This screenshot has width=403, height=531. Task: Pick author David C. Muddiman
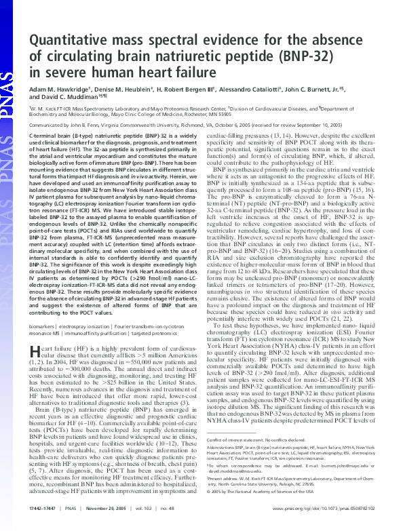66,97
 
